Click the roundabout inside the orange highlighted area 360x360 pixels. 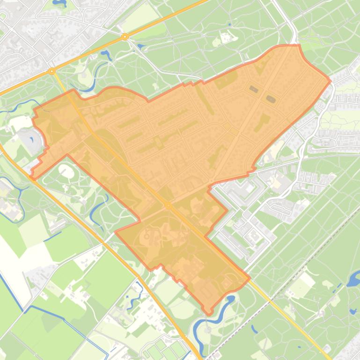[168, 205]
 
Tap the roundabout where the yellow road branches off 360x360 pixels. [52, 71]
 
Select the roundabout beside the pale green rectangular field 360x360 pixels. [125, 36]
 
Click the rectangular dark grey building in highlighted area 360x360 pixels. [254, 89]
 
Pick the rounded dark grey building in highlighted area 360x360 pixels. [271, 99]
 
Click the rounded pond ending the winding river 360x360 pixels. [230, 299]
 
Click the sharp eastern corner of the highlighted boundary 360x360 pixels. [330, 80]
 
